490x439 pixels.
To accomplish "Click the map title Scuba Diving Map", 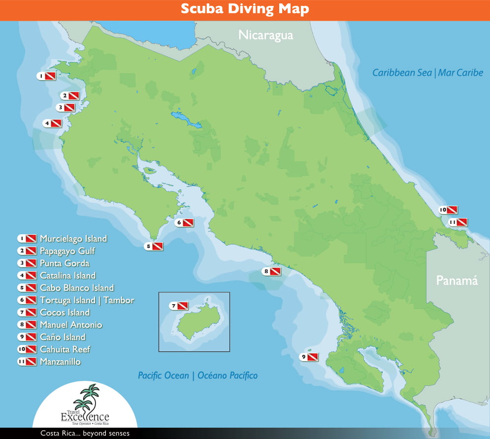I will click(x=245, y=9).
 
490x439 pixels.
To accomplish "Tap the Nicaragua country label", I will click(x=265, y=35).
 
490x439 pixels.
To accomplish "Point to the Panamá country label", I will click(x=457, y=281).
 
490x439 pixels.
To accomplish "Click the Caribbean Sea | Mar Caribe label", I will click(x=427, y=73).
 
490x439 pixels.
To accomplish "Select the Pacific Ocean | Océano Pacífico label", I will click(x=197, y=376).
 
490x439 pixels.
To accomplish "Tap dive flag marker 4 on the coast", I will click(x=52, y=124).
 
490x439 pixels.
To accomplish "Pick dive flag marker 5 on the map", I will click(x=154, y=246).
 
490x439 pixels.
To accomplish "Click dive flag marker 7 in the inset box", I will click(x=179, y=306).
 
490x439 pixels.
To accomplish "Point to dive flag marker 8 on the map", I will click(x=272, y=271).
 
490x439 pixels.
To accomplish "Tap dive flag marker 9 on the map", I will click(x=310, y=357).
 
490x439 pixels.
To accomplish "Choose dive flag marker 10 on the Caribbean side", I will click(x=449, y=210).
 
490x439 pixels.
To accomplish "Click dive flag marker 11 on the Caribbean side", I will click(x=457, y=222).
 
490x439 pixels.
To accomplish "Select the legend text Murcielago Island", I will click(x=73, y=239).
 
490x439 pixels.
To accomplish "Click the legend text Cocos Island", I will click(x=65, y=313).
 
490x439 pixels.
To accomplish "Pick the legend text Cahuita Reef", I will click(x=65, y=349).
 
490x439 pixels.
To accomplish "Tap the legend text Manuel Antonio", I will click(x=71, y=325).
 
